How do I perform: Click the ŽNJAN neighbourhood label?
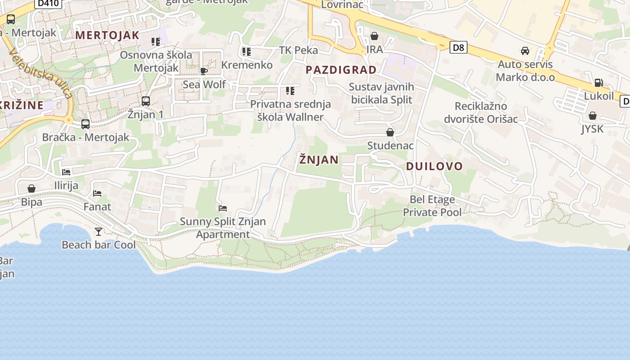click(x=319, y=160)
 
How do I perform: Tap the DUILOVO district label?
click(x=434, y=166)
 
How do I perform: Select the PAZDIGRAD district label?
click(x=341, y=70)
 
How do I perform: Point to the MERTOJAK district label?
click(x=108, y=35)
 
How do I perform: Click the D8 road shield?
click(x=458, y=47)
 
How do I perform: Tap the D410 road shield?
click(x=48, y=4)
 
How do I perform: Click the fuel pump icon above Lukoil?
click(x=598, y=82)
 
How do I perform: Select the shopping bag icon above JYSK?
click(x=593, y=116)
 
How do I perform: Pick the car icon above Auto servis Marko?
click(x=525, y=50)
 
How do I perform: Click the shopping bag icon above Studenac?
click(x=390, y=132)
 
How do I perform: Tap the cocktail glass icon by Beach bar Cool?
click(x=99, y=232)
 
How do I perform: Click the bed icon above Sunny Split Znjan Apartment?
click(x=223, y=208)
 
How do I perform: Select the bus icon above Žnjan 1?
click(x=145, y=101)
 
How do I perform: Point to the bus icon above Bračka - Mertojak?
click(x=85, y=124)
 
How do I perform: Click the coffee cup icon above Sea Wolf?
click(x=204, y=71)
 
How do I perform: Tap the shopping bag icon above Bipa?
click(x=31, y=189)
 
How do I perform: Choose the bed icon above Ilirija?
click(x=66, y=172)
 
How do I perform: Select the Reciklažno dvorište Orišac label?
click(x=481, y=112)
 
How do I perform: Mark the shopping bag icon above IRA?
click(x=374, y=36)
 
